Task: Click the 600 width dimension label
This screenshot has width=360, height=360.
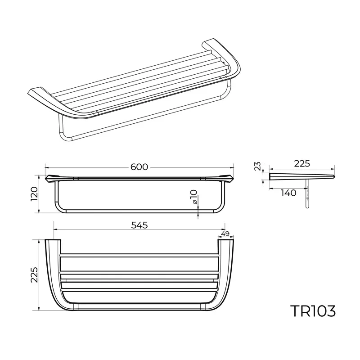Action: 139,167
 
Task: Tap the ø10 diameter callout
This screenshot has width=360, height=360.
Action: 193,198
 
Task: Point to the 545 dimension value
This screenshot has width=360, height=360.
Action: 139,225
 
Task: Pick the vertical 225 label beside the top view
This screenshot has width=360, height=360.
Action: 34,274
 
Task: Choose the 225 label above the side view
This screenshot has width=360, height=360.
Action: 301,163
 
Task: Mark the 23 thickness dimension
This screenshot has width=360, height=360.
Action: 257,167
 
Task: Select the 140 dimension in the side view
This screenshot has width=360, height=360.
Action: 288,193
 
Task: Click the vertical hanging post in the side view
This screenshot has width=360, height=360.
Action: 307,193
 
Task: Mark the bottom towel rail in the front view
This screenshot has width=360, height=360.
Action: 139,210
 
